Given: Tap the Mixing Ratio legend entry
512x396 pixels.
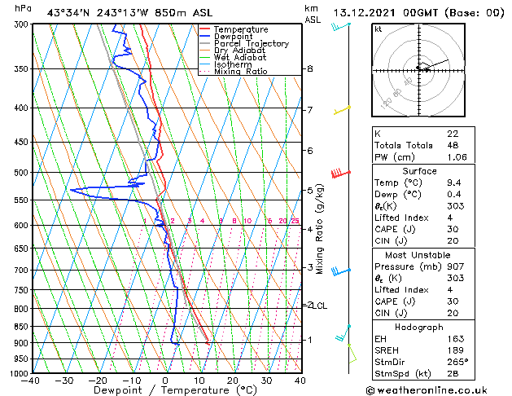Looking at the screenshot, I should click(x=240, y=72).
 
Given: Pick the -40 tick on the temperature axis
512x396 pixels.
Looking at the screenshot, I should click(x=31, y=381).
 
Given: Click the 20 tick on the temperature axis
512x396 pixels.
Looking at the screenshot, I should click(x=233, y=381).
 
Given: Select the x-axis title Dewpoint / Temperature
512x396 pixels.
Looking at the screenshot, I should click(x=165, y=391).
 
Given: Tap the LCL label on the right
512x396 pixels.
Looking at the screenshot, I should click(x=320, y=306).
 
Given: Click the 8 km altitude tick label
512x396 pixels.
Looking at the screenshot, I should click(x=309, y=69).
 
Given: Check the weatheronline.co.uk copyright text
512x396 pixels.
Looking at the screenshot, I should click(x=438, y=389).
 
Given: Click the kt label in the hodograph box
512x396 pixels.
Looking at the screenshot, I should click(x=379, y=29).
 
